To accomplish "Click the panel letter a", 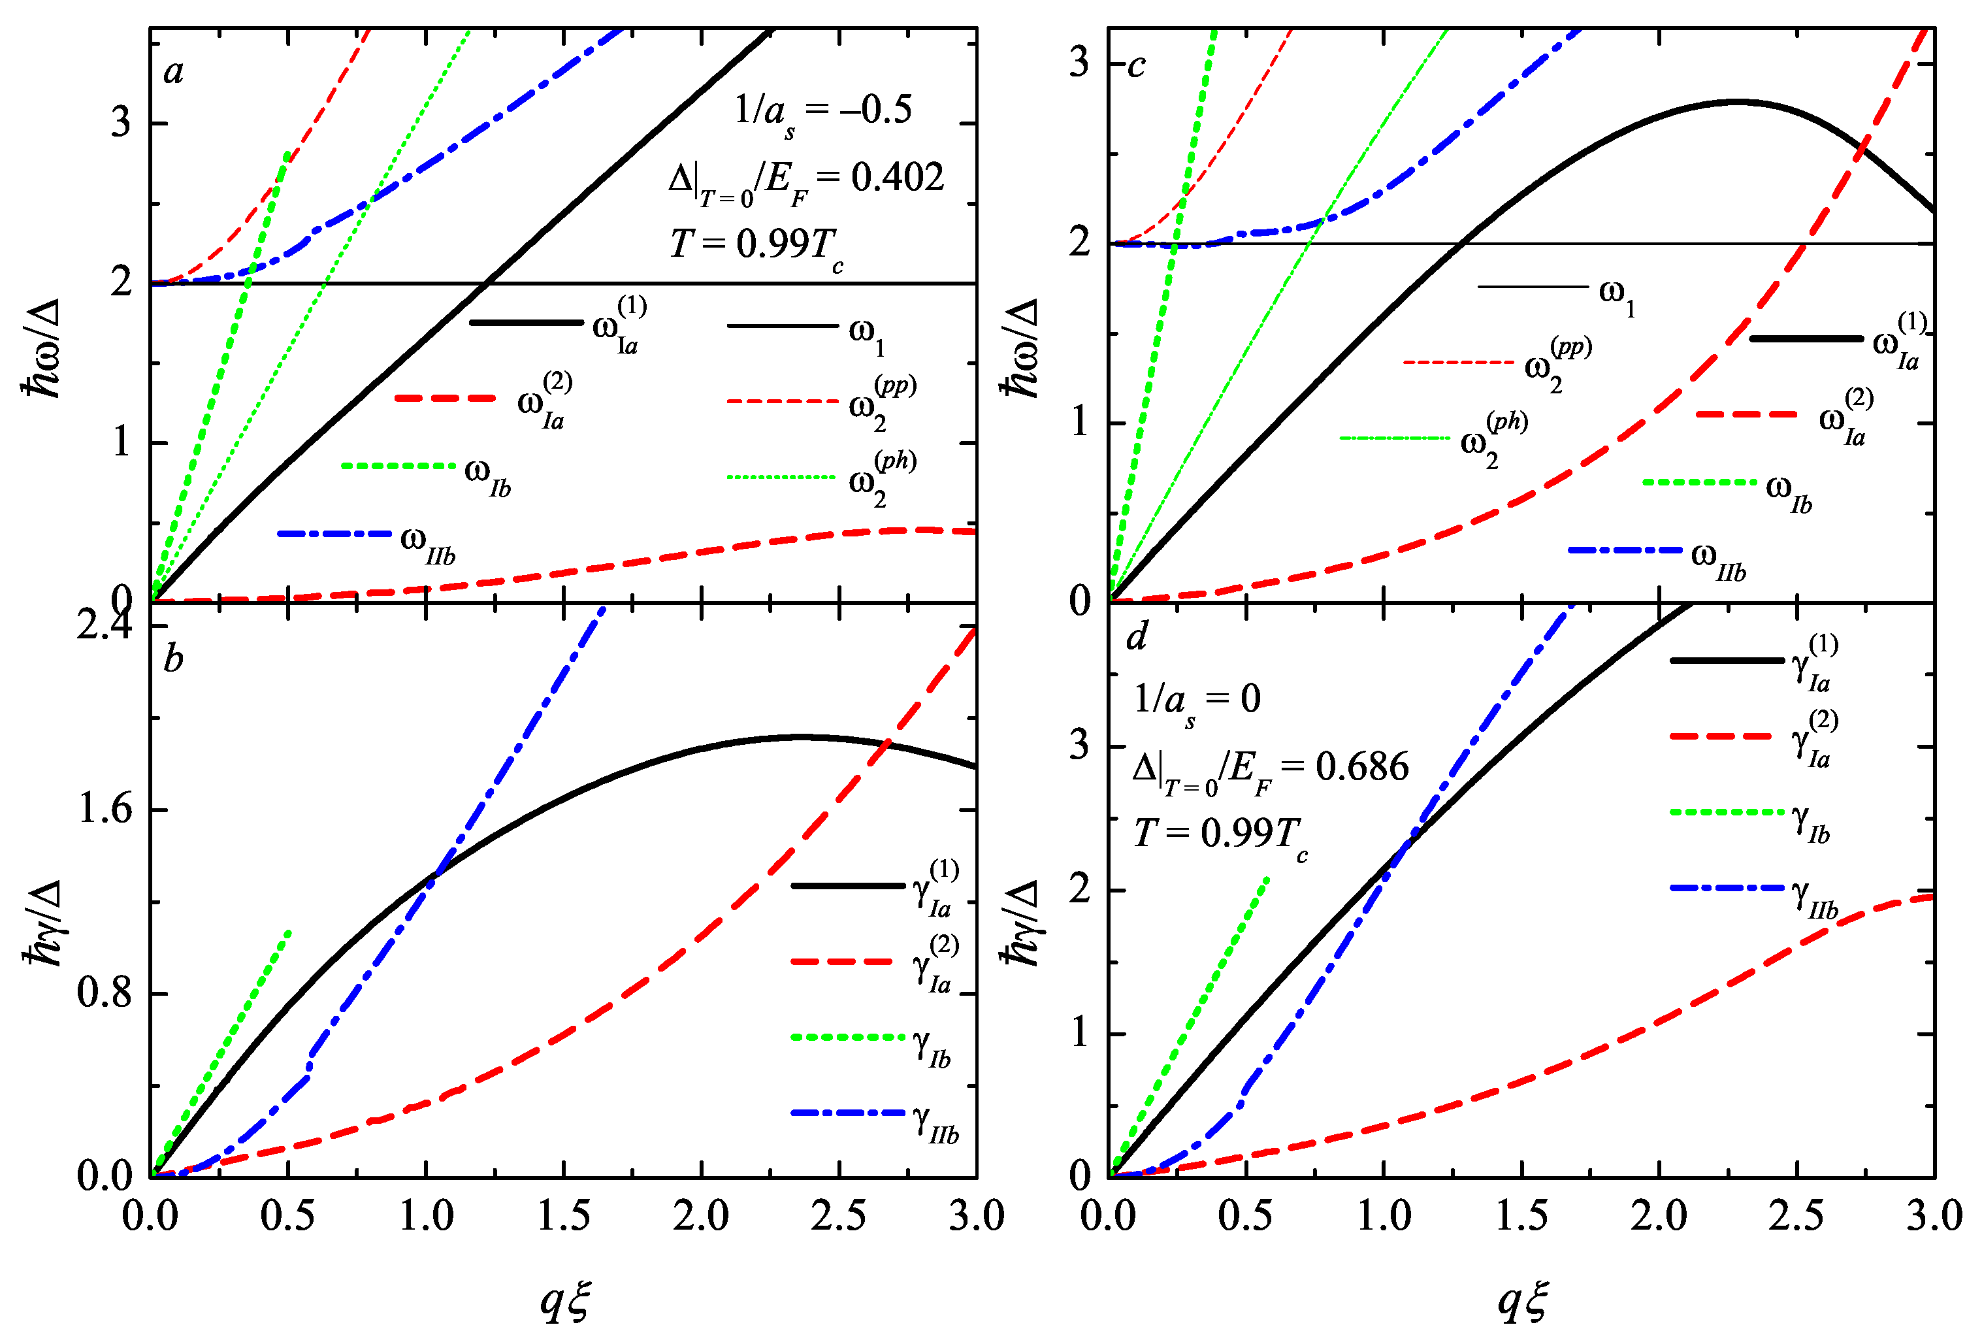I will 174,71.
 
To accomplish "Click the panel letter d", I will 1137,637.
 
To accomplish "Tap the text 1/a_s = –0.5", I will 823,111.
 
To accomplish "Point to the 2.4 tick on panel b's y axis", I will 105,626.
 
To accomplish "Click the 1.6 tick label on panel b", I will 105,808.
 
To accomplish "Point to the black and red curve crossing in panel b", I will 888,744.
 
